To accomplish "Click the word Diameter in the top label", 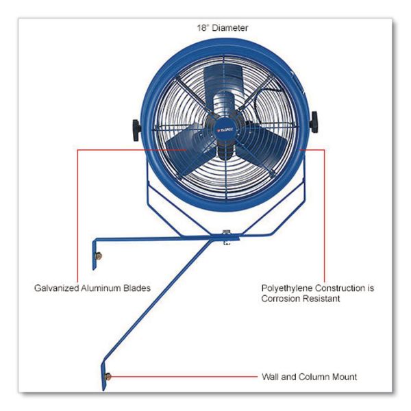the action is click(x=229, y=28).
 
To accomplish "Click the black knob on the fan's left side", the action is click(x=136, y=130).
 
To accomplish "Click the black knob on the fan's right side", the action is click(x=314, y=122).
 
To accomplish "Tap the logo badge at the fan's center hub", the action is click(x=225, y=129).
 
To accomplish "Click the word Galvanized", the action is click(x=57, y=288).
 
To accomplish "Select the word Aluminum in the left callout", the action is click(x=101, y=288).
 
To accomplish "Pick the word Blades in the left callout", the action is click(x=137, y=288).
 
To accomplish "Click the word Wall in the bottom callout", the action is click(x=271, y=377).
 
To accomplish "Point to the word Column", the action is click(x=314, y=377).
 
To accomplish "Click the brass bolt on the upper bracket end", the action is click(x=98, y=256).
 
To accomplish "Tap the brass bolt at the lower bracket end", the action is click(x=108, y=377).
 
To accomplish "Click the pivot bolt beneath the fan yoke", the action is click(x=226, y=238).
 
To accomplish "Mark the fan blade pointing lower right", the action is click(x=262, y=147).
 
